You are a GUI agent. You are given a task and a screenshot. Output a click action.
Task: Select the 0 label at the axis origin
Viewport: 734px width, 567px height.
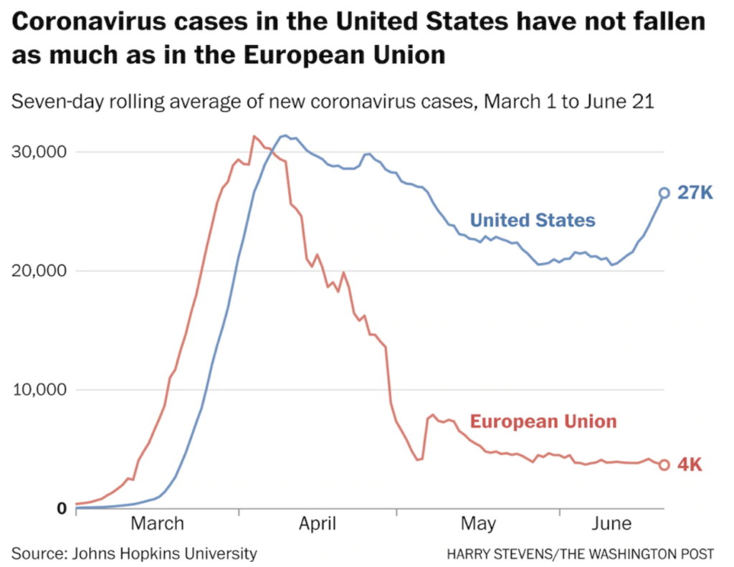coord(62,509)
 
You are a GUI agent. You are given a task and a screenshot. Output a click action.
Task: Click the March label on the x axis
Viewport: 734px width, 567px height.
coord(157,524)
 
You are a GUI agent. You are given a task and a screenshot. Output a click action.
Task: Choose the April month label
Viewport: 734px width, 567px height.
coord(318,524)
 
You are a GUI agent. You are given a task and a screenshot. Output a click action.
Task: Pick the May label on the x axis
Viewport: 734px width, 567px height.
coord(478,524)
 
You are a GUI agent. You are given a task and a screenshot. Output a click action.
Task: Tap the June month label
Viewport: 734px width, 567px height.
coord(612,524)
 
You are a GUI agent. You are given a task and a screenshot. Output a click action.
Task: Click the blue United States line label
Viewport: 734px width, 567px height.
coord(533,220)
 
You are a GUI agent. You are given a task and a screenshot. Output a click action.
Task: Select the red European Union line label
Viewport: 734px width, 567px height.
coord(543,421)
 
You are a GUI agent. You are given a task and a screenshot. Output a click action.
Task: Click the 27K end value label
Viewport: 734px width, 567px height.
coord(695,193)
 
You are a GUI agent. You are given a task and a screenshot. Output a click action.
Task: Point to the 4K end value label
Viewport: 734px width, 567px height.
coord(690,464)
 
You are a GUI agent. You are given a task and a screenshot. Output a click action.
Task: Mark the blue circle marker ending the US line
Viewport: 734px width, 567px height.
coord(664,193)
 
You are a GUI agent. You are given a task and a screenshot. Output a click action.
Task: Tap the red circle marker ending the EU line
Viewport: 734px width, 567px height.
coord(664,464)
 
